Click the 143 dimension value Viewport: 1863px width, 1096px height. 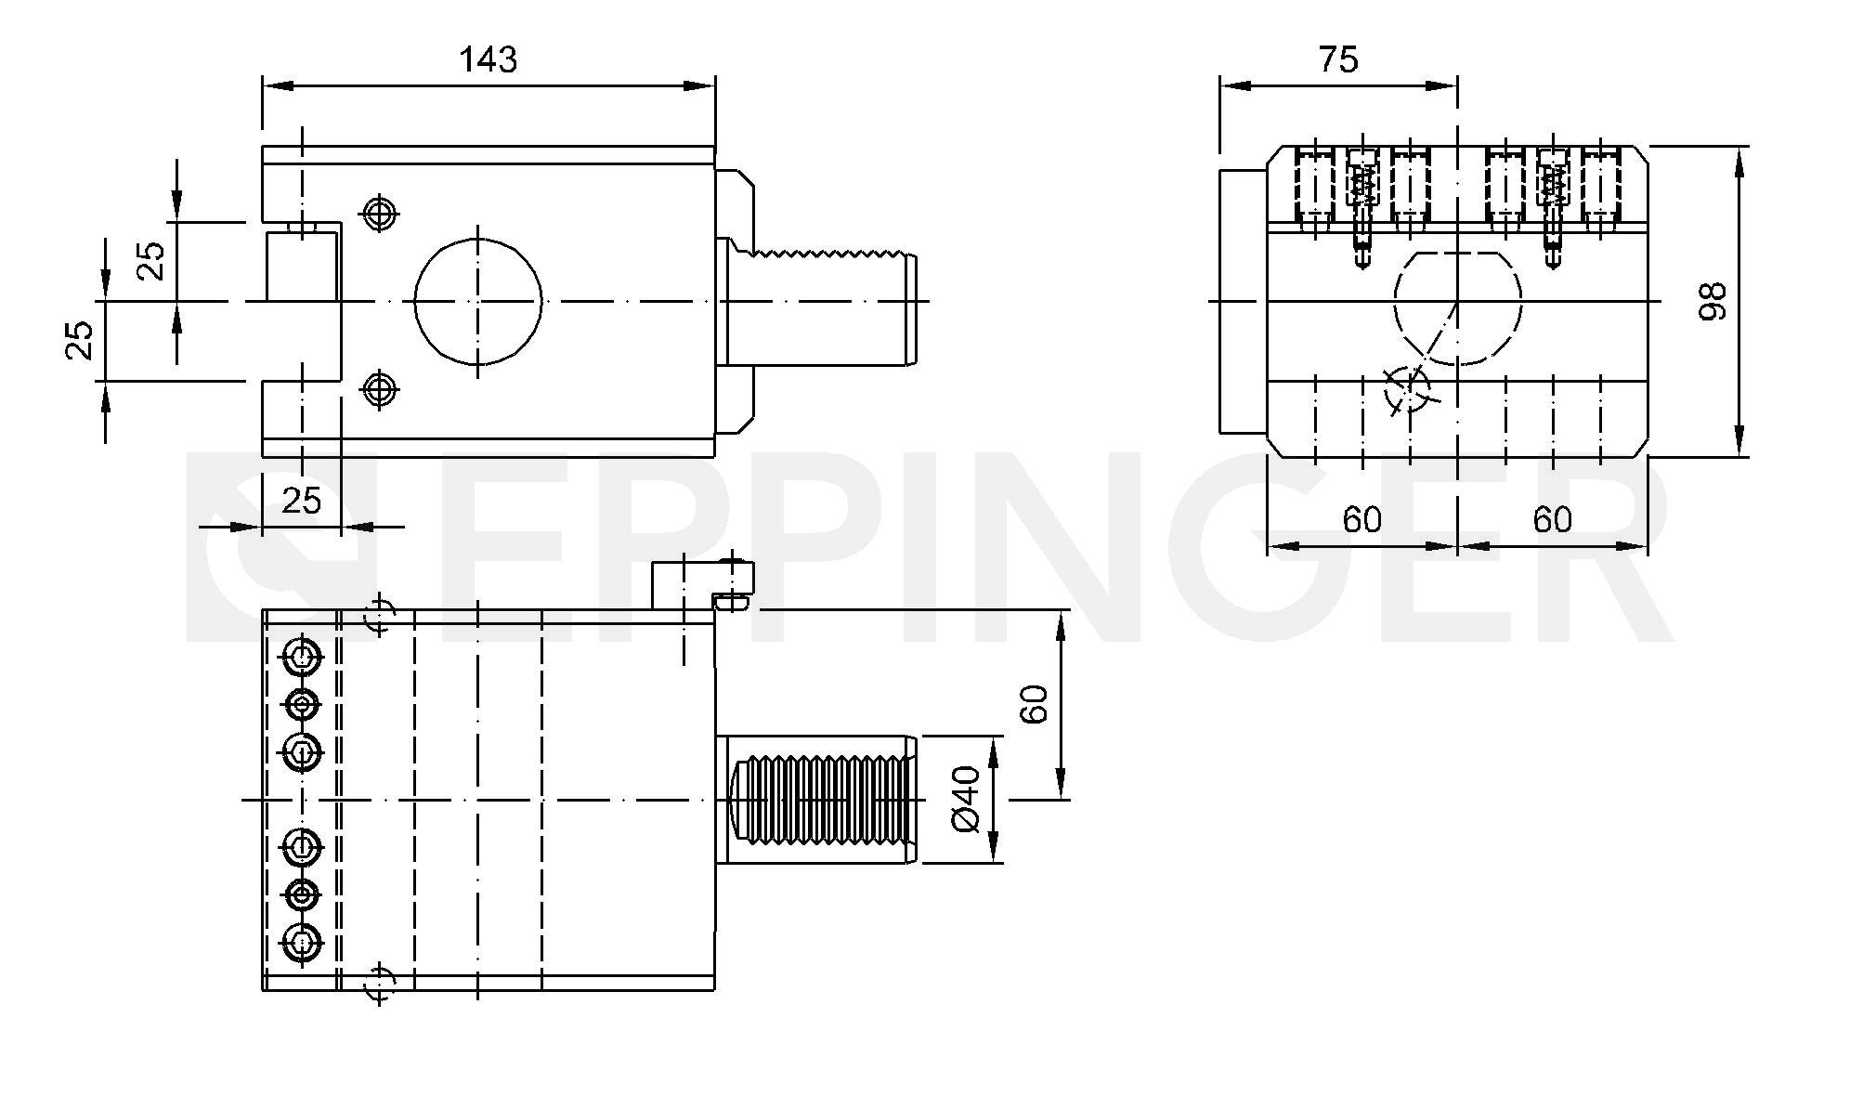coord(489,59)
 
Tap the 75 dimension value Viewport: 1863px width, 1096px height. coord(1338,59)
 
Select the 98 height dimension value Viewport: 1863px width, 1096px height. coord(1712,301)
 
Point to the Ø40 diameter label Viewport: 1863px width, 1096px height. coord(966,799)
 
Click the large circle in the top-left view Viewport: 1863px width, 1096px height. coord(477,301)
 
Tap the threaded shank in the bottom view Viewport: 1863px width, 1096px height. coord(817,799)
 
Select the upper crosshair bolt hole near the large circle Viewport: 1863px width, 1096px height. coord(378,214)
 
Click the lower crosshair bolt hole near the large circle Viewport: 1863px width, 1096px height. coord(379,388)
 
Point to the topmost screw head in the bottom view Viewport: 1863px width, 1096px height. coord(302,658)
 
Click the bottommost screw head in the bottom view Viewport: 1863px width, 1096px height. coord(302,945)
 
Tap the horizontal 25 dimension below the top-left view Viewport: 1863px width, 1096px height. coord(301,501)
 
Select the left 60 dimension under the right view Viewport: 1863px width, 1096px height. coord(1361,519)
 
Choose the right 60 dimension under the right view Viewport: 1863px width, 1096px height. coord(1552,519)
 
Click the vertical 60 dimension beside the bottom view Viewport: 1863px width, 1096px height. coord(1034,703)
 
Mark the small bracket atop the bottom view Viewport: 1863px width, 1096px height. coord(702,585)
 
